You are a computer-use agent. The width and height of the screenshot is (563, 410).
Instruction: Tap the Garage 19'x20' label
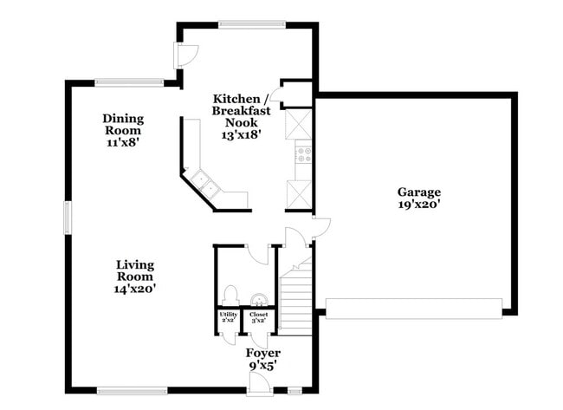[419, 198]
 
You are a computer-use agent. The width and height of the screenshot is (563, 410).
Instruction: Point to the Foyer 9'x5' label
[262, 360]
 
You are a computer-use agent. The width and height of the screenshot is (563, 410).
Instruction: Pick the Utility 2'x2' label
[228, 316]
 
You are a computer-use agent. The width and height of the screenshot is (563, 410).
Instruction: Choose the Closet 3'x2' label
[258, 316]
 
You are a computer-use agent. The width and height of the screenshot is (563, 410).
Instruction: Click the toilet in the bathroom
[230, 295]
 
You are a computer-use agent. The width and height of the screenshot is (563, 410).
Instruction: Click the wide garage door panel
[413, 308]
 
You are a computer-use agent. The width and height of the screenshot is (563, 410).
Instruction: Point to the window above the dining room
[129, 82]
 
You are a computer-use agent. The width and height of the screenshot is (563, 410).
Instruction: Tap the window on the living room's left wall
[67, 216]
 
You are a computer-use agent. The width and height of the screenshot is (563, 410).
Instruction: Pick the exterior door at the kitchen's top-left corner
[184, 54]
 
